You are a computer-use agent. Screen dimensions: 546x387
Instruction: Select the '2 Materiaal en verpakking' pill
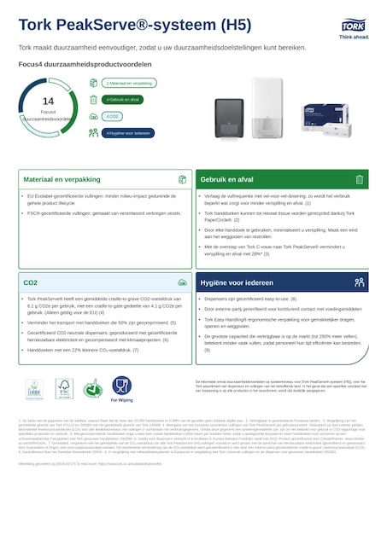pyautogui.click(x=130, y=84)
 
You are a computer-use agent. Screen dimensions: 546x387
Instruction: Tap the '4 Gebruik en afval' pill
pyautogui.click(x=126, y=100)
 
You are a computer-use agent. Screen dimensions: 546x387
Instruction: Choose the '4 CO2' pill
pyautogui.click(x=113, y=116)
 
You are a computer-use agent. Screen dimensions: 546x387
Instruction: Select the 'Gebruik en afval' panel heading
pyautogui.click(x=226, y=179)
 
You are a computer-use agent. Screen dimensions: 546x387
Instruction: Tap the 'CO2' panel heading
pyautogui.click(x=31, y=282)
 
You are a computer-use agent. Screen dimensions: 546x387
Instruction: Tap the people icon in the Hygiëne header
pyautogui.click(x=360, y=282)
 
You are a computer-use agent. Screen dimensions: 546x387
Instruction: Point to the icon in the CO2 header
pyautogui.click(x=182, y=282)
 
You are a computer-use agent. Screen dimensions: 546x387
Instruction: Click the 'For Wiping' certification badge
pyautogui.click(x=121, y=388)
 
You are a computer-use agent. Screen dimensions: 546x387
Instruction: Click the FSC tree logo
pyautogui.click(x=62, y=388)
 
